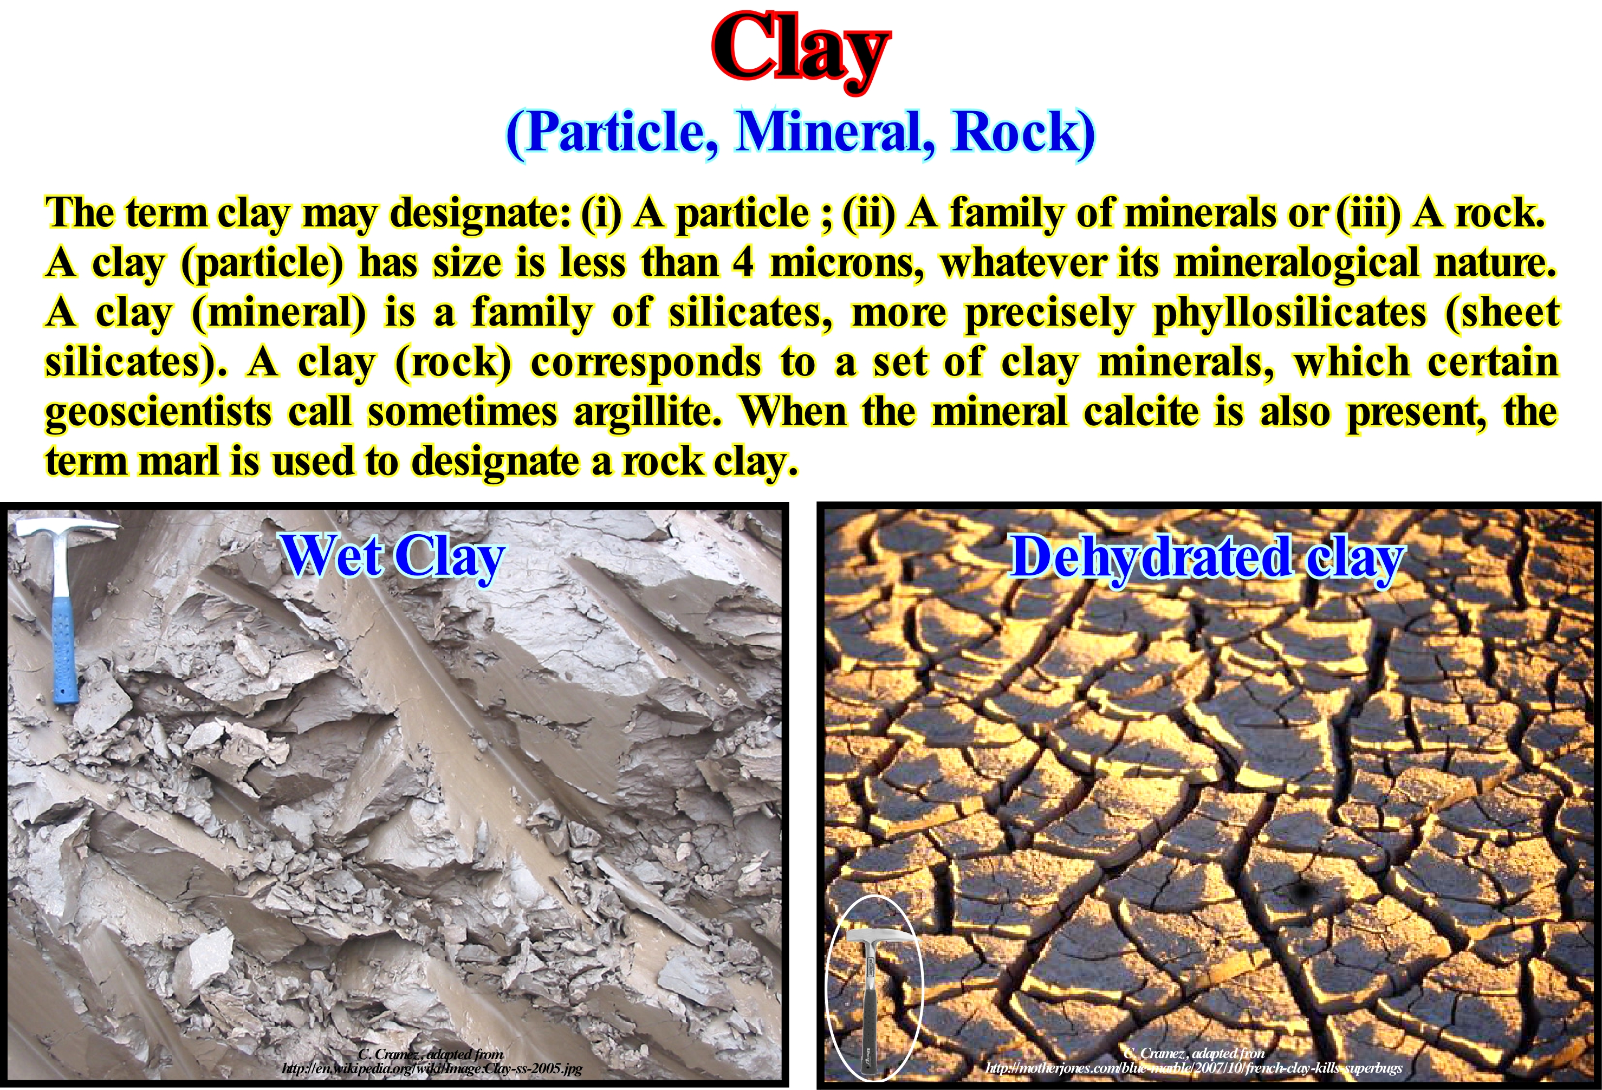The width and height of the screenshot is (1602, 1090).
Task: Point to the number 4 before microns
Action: pyautogui.click(x=744, y=263)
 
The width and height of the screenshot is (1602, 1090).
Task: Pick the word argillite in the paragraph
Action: pyautogui.click(x=647, y=412)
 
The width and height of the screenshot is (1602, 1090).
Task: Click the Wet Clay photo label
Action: pyautogui.click(x=393, y=557)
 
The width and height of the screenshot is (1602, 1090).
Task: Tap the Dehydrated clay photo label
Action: pyautogui.click(x=1207, y=557)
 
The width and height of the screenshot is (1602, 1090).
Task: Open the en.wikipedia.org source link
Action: pyautogui.click(x=432, y=1069)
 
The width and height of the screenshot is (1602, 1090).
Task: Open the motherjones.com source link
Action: pyautogui.click(x=1194, y=1069)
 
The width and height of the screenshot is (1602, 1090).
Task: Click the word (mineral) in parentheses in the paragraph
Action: pyautogui.click(x=278, y=313)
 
